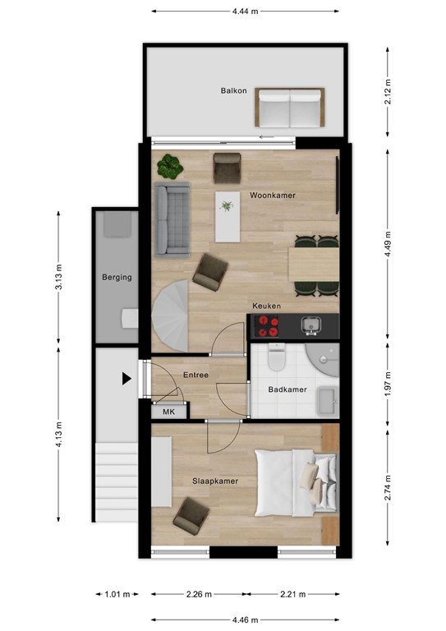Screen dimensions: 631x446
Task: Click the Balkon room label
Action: tap(232, 90)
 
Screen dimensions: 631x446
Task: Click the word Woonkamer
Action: tap(273, 196)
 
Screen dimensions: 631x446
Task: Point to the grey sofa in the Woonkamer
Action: tap(173, 218)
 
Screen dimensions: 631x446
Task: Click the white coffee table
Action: tap(226, 215)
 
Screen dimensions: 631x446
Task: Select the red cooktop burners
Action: tap(266, 326)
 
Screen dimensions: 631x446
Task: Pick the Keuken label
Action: tap(267, 306)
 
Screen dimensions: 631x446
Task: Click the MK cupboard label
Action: tap(169, 412)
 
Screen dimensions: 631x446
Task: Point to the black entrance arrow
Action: tap(126, 379)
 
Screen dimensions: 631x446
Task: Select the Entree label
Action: tap(195, 375)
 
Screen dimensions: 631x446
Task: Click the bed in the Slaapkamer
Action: tap(294, 481)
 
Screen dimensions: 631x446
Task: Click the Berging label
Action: tap(117, 278)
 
